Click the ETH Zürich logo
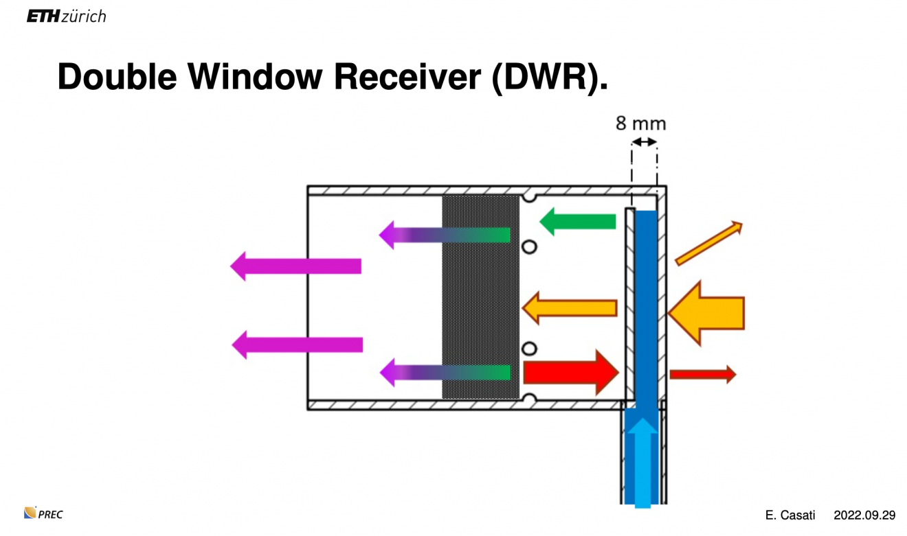[66, 16]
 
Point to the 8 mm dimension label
[640, 124]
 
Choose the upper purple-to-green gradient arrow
[445, 235]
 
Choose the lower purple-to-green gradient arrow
[445, 373]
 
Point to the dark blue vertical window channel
[646, 302]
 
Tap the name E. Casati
[790, 515]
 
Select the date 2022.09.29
[864, 515]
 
